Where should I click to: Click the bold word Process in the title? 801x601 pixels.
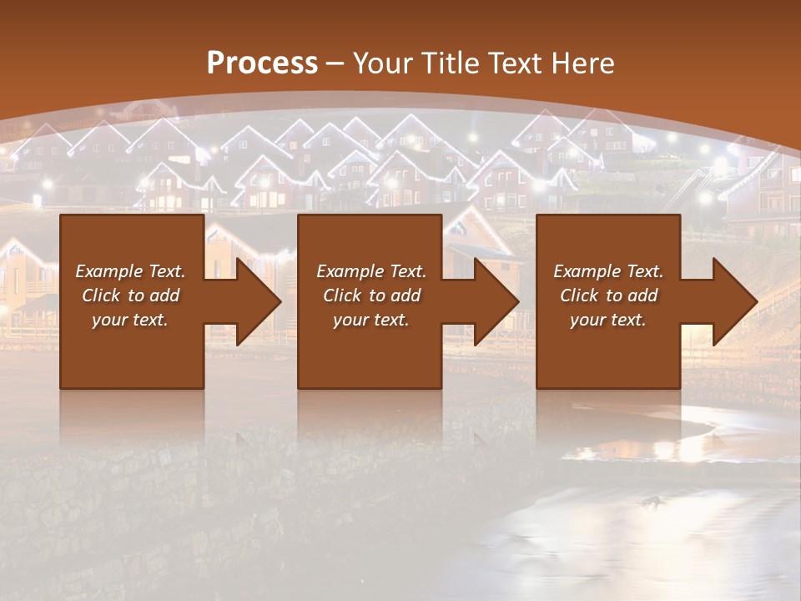262,63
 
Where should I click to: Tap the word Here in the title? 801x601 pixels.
582,63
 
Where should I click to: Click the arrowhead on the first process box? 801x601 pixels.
259,301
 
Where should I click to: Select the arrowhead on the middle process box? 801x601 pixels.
497,301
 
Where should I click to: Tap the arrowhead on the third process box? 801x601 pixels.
736,301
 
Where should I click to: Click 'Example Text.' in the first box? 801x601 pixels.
130,271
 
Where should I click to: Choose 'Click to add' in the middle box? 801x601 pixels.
371,295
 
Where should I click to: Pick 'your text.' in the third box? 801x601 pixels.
608,320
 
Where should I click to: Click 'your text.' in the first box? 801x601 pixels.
130,320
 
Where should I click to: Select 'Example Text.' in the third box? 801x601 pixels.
608,271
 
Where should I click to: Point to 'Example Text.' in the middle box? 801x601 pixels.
371,271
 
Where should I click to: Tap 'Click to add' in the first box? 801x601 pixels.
130,295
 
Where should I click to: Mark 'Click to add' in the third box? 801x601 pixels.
608,295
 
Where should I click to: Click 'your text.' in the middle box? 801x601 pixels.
371,320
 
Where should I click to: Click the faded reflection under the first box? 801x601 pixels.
132,417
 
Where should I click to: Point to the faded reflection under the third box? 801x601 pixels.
608,417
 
